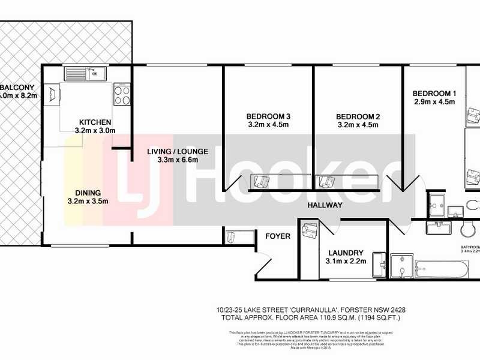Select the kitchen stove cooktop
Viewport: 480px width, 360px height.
pos(122,94)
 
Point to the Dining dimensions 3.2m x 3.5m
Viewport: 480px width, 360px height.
pos(89,201)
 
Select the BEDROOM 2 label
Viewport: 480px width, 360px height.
pos(358,116)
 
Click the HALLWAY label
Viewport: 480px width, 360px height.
pos(325,205)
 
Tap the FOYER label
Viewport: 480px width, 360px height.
pos(278,236)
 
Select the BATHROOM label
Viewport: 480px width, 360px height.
pos(470,247)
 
